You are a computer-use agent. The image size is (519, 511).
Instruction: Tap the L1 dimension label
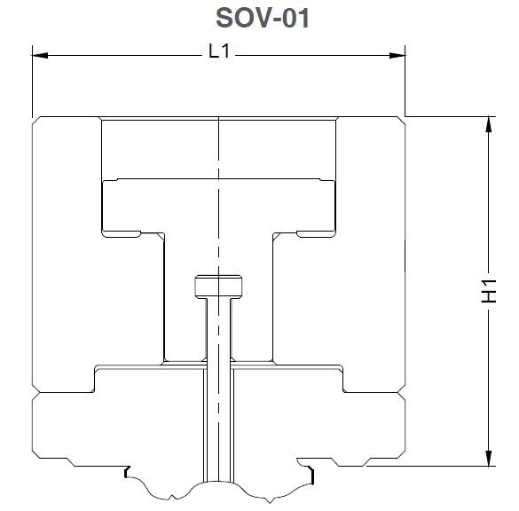218,52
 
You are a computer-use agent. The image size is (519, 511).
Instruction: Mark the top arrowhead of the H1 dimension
486,124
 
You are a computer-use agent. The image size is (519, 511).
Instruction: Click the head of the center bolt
218,287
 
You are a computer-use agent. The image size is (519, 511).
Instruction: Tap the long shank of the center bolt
218,390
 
